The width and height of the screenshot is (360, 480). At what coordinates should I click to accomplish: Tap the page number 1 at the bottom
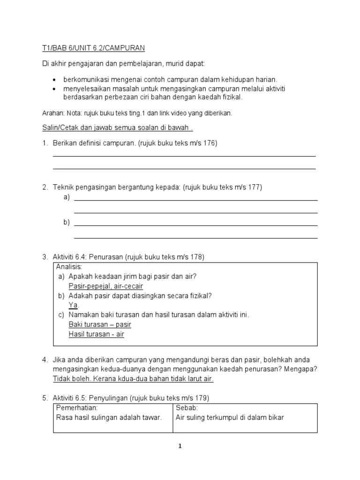(180, 446)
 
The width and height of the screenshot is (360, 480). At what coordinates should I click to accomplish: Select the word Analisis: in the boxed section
(69, 267)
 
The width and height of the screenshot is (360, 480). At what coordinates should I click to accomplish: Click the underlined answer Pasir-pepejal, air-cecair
(105, 286)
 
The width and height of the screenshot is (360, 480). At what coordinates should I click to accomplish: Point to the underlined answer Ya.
(73, 305)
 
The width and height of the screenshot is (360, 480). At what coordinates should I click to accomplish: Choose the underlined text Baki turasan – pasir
(100, 324)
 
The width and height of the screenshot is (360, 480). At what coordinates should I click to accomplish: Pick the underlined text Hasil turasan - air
(96, 334)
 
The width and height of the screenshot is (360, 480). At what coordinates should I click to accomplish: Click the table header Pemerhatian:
(76, 408)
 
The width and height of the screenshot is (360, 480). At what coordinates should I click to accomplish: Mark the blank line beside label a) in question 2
(196, 200)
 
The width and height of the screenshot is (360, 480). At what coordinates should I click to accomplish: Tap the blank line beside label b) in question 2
(196, 225)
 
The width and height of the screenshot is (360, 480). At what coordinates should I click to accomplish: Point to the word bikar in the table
(276, 417)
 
